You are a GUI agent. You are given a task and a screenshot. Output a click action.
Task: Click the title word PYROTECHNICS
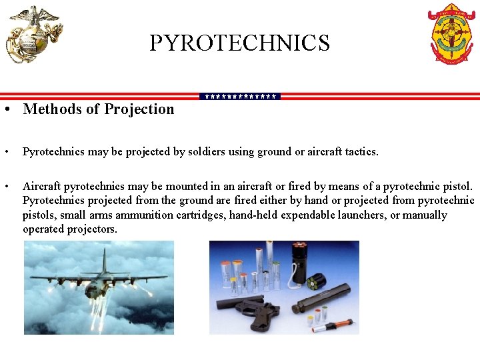[x=239, y=43]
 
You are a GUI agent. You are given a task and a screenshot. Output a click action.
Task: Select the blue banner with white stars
[x=240, y=97]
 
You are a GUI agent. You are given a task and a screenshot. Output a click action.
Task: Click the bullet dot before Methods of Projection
[x=6, y=109]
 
